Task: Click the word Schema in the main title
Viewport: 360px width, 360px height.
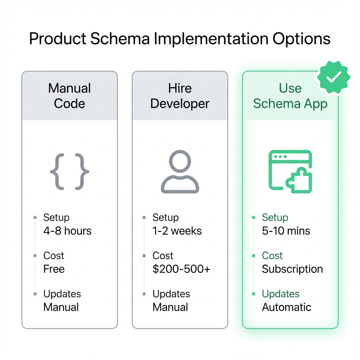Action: pos(120,39)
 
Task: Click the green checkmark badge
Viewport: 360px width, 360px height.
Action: pos(333,77)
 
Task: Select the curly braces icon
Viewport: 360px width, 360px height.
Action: pos(70,172)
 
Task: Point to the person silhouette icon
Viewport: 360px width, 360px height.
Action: pos(180,172)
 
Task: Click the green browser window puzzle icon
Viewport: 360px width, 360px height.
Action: pos(290,172)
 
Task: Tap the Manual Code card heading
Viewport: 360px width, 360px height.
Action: pos(70,96)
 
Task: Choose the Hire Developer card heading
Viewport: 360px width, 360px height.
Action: pos(180,96)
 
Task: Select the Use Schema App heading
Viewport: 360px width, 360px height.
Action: pos(290,96)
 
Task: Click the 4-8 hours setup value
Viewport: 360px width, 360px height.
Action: pos(67,231)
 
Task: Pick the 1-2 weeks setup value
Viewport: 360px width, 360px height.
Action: pos(177,231)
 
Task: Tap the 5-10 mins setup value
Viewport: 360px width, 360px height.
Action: pos(286,231)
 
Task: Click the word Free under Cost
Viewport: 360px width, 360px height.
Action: pos(54,269)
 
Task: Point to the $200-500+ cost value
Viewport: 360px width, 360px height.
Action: pos(181,269)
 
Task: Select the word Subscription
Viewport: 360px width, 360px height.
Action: pos(292,269)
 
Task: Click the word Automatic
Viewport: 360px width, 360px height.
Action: pos(287,307)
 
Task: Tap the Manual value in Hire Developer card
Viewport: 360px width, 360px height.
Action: pos(170,307)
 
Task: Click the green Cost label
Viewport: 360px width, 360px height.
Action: pos(272,256)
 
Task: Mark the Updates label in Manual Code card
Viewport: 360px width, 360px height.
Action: pos(62,294)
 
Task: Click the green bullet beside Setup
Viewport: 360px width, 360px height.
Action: pos(253,218)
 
